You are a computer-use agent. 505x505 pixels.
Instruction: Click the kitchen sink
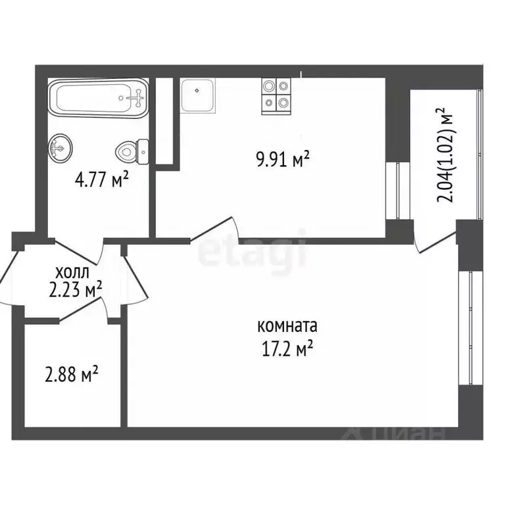pyautogui.click(x=198, y=95)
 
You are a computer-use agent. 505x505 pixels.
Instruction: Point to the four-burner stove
pyautogui.click(x=276, y=95)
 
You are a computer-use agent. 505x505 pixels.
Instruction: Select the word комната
pyautogui.click(x=287, y=326)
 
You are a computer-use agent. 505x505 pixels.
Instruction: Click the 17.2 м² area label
pyautogui.click(x=287, y=348)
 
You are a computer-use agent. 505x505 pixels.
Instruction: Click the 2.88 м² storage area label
pyautogui.click(x=72, y=375)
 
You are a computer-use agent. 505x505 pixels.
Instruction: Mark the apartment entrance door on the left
pyautogui.click(x=12, y=276)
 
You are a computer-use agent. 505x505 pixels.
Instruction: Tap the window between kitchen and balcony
pyautogui.click(x=398, y=191)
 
